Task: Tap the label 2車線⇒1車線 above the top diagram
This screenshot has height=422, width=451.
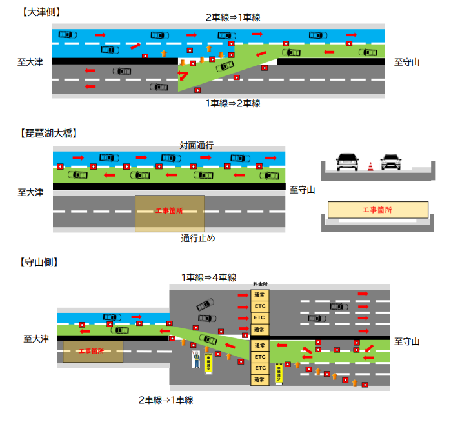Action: point(233,18)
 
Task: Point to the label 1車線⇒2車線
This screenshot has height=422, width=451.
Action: point(233,103)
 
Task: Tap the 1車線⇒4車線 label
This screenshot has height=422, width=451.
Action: point(208,277)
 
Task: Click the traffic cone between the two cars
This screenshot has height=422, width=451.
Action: point(370,166)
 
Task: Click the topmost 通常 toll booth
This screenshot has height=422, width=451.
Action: point(259,295)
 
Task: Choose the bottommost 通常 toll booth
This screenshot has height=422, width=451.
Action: point(259,379)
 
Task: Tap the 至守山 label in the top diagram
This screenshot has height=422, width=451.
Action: point(407,62)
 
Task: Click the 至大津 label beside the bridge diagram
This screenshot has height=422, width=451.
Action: point(30,192)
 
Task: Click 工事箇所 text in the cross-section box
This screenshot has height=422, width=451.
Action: point(377,210)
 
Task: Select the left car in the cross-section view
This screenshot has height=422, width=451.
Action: point(347,162)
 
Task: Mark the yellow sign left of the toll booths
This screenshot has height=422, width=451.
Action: point(208,363)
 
